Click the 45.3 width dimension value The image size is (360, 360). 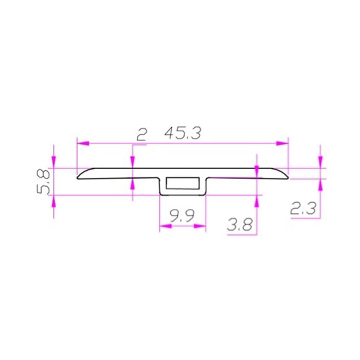[x=183, y=133]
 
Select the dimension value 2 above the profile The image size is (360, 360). [x=141, y=134]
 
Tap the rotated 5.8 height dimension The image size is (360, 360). [x=43, y=182]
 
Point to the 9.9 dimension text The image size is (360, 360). [x=182, y=216]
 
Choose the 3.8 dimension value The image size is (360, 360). [x=240, y=225]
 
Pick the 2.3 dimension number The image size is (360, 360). [x=303, y=208]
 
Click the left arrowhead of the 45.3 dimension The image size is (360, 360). [x=83, y=143]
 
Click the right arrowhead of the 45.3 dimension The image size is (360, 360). [x=282, y=143]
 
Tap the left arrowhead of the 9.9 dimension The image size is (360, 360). [x=166, y=226]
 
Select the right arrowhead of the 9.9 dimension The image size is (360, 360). [x=200, y=226]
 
